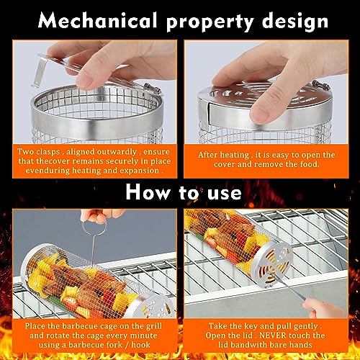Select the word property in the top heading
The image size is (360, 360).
point(207,21)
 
